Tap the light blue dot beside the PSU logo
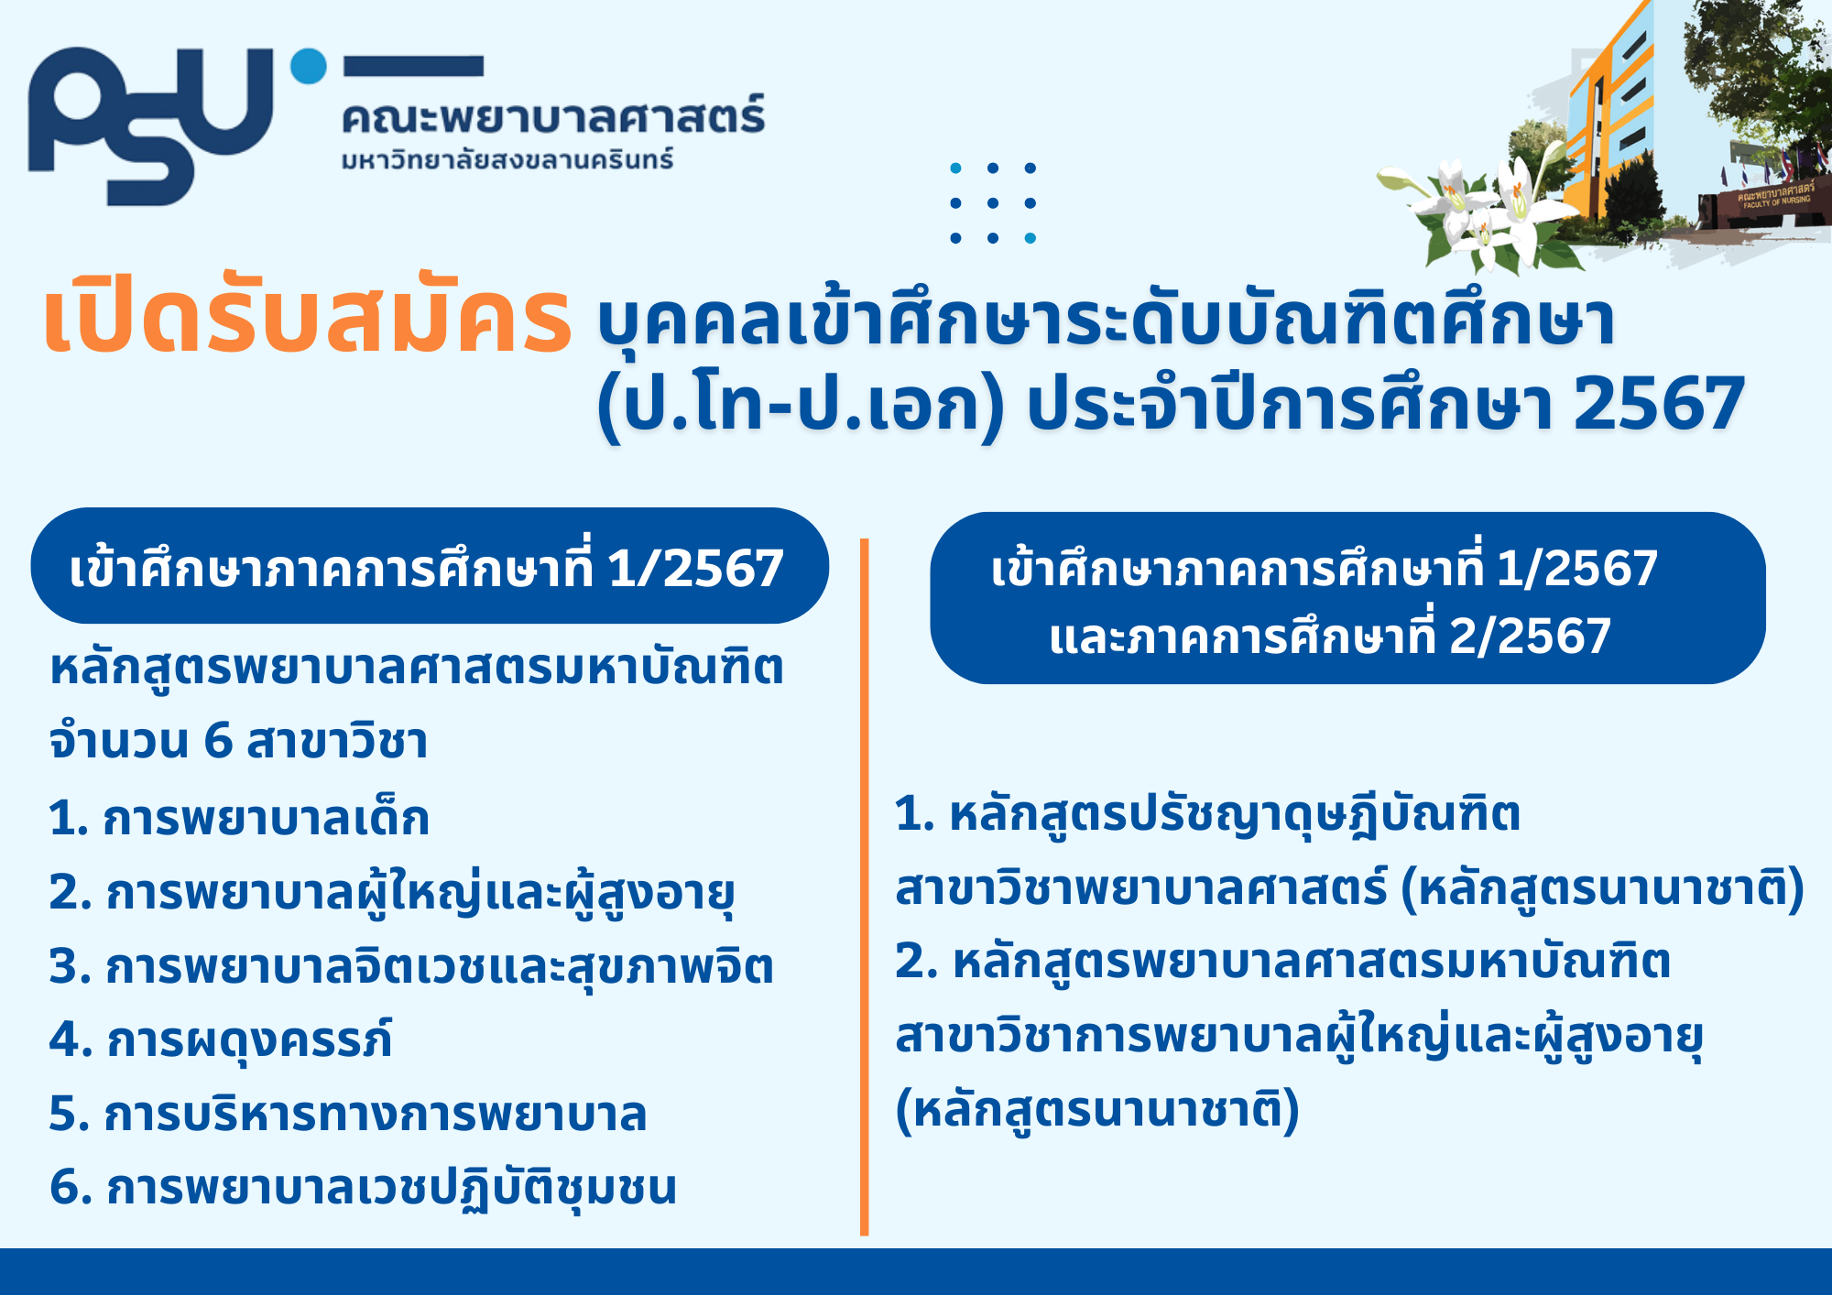coord(309,66)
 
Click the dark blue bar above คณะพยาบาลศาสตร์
coord(413,66)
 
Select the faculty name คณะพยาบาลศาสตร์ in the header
coord(553,116)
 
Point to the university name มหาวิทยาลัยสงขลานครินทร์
coord(507,159)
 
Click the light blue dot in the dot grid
coord(1030,238)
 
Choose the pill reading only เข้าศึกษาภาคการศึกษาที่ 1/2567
coord(430,566)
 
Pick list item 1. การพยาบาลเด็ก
coord(239,817)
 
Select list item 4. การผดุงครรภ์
coord(221,1039)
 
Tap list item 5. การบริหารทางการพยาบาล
coord(348,1114)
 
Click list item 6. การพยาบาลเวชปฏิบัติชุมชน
coord(363,1188)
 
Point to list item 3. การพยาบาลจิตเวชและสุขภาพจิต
coord(411,966)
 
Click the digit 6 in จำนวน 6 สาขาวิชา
coord(218,740)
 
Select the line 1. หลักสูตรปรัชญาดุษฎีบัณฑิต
coord(1207,815)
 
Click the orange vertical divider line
coord(864,887)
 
